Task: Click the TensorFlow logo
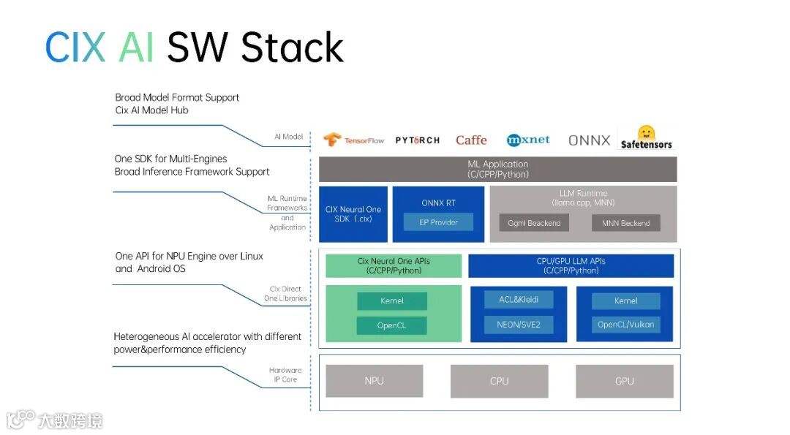353,140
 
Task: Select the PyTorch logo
417,140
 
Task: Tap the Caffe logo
471,140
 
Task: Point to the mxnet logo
528,140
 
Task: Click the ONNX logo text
589,140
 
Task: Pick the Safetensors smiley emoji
647,132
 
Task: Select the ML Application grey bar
498,169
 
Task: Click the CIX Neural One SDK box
353,214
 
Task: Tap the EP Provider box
438,222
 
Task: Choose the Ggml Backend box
534,222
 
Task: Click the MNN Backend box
625,222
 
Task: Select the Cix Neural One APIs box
394,266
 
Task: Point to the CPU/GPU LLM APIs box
571,266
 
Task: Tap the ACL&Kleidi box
519,300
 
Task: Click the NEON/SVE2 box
519,325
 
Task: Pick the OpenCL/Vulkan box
625,325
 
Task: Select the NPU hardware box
375,381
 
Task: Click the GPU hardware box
624,381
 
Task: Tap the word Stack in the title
292,48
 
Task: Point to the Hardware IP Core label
285,374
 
